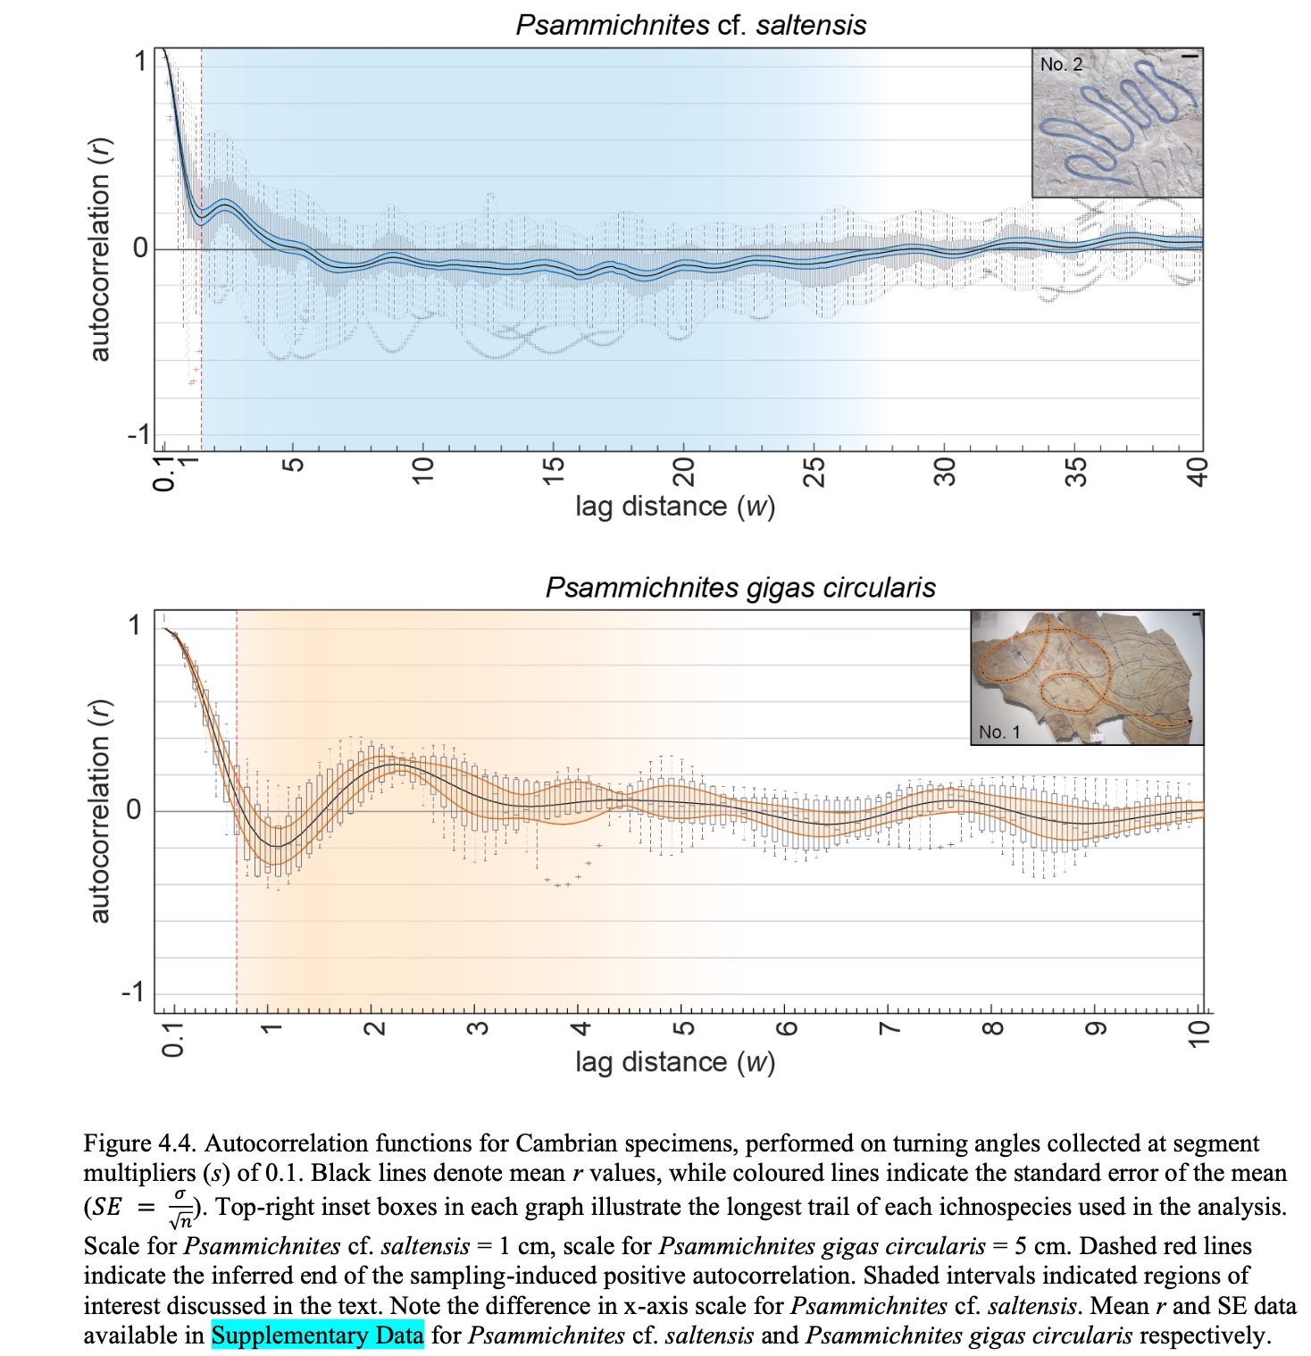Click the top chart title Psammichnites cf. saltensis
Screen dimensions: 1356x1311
pos(690,24)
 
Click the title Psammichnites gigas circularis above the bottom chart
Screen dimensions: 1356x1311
pos(740,587)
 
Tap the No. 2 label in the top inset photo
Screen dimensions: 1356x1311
pos(1061,64)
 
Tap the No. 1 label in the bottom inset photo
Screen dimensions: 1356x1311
pos(998,732)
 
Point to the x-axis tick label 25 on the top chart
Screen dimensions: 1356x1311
pos(814,470)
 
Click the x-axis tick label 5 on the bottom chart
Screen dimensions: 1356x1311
pos(682,1027)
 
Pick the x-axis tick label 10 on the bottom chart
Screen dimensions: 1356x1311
pos(1199,1033)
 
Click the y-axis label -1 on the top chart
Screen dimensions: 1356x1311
pos(138,435)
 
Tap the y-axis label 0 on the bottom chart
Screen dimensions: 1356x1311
pos(134,810)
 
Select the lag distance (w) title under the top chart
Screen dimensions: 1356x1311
pos(674,506)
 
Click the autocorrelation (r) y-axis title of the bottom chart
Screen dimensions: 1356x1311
pos(100,810)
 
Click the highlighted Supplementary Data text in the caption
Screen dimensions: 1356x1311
pos(317,1335)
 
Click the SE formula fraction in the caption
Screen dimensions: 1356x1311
pos(180,1207)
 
